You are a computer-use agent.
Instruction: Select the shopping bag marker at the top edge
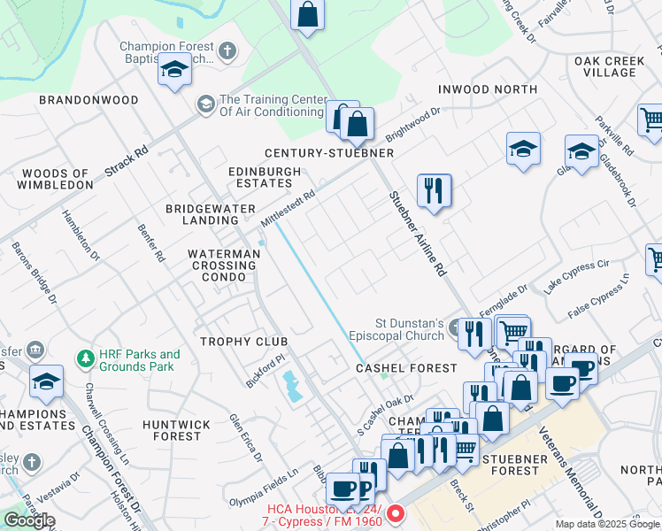click(307, 15)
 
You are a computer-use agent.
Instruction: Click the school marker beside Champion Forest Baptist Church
click(174, 70)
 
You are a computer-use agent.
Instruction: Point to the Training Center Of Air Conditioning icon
click(205, 105)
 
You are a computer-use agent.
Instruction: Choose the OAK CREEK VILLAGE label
click(610, 66)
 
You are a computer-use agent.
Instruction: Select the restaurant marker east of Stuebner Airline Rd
click(434, 190)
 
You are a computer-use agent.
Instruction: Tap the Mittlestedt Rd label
click(287, 209)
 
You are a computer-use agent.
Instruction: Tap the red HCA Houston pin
click(396, 512)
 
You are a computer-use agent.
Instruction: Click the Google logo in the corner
click(29, 520)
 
